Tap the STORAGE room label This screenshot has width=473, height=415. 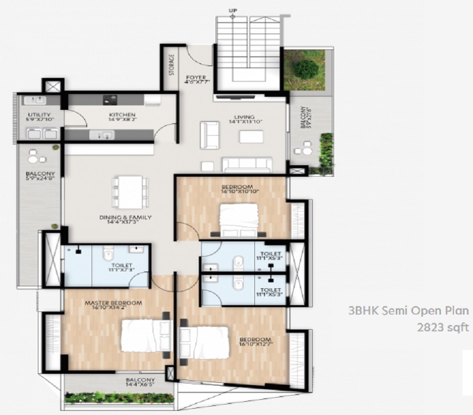[171, 66]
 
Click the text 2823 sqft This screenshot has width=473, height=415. [443, 327]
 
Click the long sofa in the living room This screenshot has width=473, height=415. [247, 165]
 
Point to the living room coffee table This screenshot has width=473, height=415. [251, 137]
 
